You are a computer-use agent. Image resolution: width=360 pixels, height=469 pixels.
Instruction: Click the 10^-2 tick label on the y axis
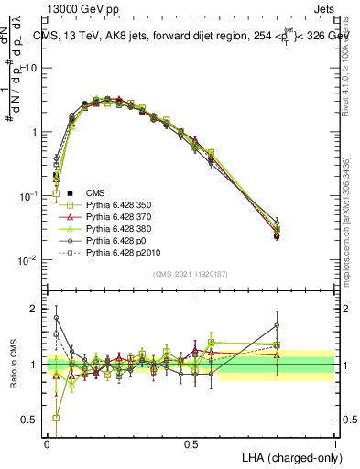pyautogui.click(x=30, y=260)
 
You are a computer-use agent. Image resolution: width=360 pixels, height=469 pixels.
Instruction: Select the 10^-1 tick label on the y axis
pyautogui.click(x=30, y=197)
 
